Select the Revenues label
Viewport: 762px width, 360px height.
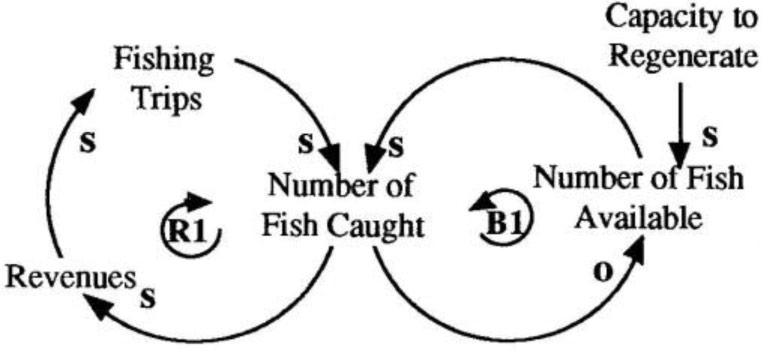pyautogui.click(x=67, y=277)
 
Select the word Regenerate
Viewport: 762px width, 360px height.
pyautogui.click(x=679, y=57)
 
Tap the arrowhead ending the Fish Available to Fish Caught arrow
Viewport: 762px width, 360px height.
pyautogui.click(x=372, y=160)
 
